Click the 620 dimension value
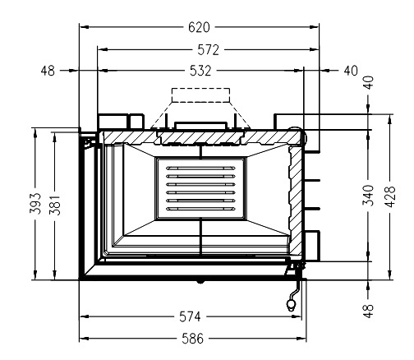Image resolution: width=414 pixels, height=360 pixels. click(199, 27)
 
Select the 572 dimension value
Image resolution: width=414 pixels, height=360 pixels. click(209, 50)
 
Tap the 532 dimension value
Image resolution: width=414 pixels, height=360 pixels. click(200, 71)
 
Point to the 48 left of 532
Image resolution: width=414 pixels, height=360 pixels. click(48, 71)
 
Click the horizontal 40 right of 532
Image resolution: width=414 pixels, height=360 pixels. click(351, 71)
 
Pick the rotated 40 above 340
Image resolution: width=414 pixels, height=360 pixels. click(369, 82)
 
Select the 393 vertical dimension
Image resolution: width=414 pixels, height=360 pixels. click(35, 203)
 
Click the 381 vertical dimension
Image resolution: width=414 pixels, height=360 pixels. click(55, 205)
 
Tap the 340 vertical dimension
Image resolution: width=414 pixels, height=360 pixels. click(369, 196)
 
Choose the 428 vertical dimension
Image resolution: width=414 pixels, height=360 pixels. click(390, 196)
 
